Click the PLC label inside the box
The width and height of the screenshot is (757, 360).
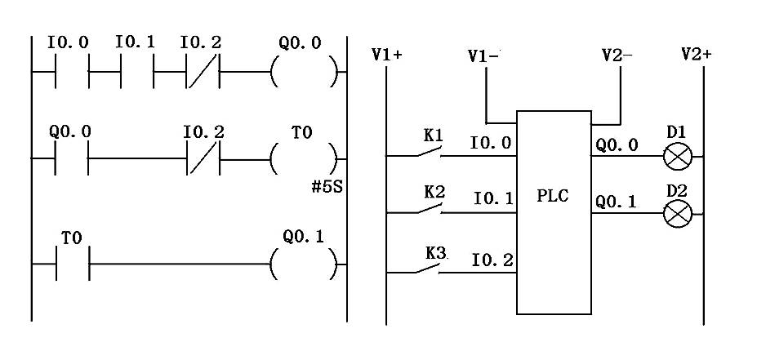(x=553, y=197)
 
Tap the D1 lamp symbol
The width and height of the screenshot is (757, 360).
(x=678, y=157)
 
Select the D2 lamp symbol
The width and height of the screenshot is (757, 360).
(x=678, y=214)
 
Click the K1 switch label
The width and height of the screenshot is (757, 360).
(x=434, y=136)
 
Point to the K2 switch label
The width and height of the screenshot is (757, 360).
(x=434, y=192)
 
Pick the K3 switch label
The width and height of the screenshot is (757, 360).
(x=435, y=253)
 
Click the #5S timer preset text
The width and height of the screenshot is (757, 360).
(x=327, y=187)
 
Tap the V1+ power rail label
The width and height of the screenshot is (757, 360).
(x=387, y=55)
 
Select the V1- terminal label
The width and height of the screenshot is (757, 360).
(x=484, y=56)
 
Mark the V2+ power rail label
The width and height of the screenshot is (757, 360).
(x=697, y=54)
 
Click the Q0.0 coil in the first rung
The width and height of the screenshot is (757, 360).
(x=304, y=72)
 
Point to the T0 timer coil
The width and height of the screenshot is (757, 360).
(x=304, y=158)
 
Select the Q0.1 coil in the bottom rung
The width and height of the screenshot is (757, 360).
(x=304, y=264)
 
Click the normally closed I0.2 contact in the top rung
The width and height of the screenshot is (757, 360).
(x=203, y=72)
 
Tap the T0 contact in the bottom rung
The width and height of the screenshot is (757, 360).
(x=73, y=264)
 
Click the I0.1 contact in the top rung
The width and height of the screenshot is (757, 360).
(x=137, y=72)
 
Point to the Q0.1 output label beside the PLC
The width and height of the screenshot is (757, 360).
(x=616, y=202)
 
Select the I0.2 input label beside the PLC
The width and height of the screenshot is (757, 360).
(x=492, y=261)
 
